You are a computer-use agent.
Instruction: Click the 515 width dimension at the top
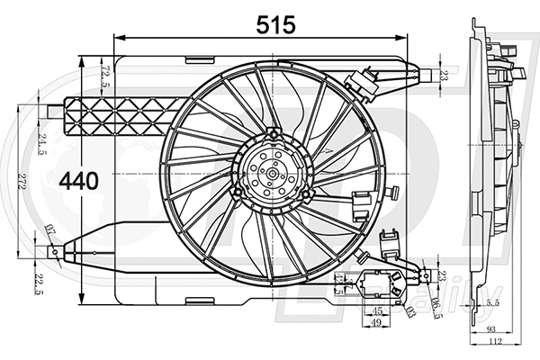pyautogui.click(x=274, y=25)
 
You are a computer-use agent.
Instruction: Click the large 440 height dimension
pyautogui.click(x=78, y=181)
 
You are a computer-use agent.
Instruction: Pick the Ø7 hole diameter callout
pyautogui.click(x=51, y=233)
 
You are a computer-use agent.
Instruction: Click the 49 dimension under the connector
pyautogui.click(x=378, y=322)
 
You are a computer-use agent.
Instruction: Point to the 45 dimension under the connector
pyautogui.click(x=378, y=311)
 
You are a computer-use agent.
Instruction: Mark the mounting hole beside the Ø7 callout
pyautogui.click(x=57, y=253)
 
